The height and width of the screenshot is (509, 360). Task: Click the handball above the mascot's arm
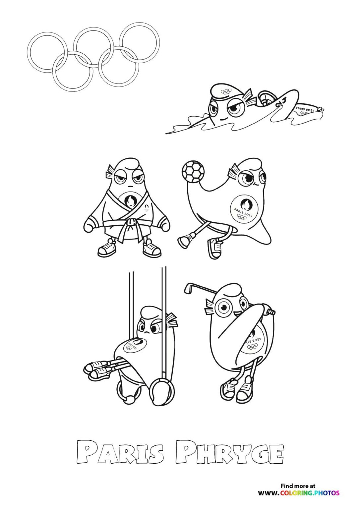(192, 171)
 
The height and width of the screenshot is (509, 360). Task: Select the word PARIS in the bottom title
(120, 452)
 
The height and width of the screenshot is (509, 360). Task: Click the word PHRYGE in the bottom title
(229, 452)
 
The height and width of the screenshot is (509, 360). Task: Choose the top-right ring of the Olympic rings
(140, 42)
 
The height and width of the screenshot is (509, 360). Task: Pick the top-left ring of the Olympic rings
(47, 52)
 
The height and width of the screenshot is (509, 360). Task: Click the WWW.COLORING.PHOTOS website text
(299, 493)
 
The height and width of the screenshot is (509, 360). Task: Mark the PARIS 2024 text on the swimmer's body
(304, 109)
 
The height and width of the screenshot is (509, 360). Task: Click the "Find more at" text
(298, 486)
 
